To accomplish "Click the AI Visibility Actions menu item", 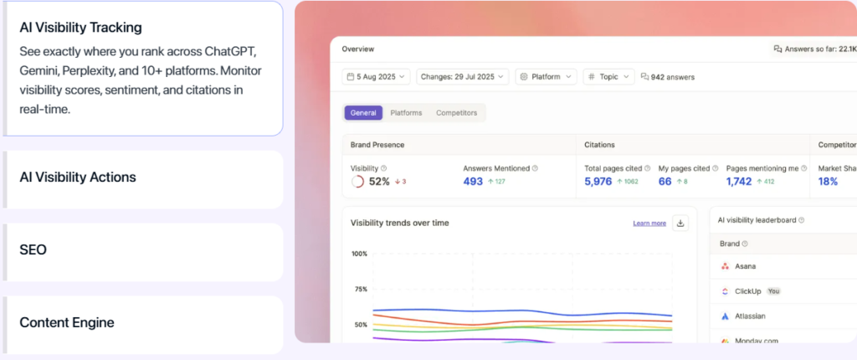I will pos(78,177).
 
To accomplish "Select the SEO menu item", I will pos(33,250).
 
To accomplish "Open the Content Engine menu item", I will pos(67,322).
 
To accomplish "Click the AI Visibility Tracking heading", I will pos(80,28).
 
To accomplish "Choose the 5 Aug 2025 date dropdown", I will pos(376,76).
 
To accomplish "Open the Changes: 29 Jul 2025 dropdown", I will pos(462,76).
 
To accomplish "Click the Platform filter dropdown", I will pos(546,76).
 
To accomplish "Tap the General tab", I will pos(363,113).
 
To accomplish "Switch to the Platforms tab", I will pos(406,113).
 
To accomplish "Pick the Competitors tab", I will pos(457,113).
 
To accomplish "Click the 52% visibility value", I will pos(379,182).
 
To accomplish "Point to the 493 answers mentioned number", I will pos(473,182).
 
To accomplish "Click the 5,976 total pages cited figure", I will pos(598,182).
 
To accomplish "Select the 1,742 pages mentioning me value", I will pos(739,182).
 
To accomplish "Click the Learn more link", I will pos(649,224).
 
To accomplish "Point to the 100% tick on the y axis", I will pos(359,254).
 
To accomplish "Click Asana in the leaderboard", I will pos(745,266).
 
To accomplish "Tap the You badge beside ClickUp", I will pos(773,291).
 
